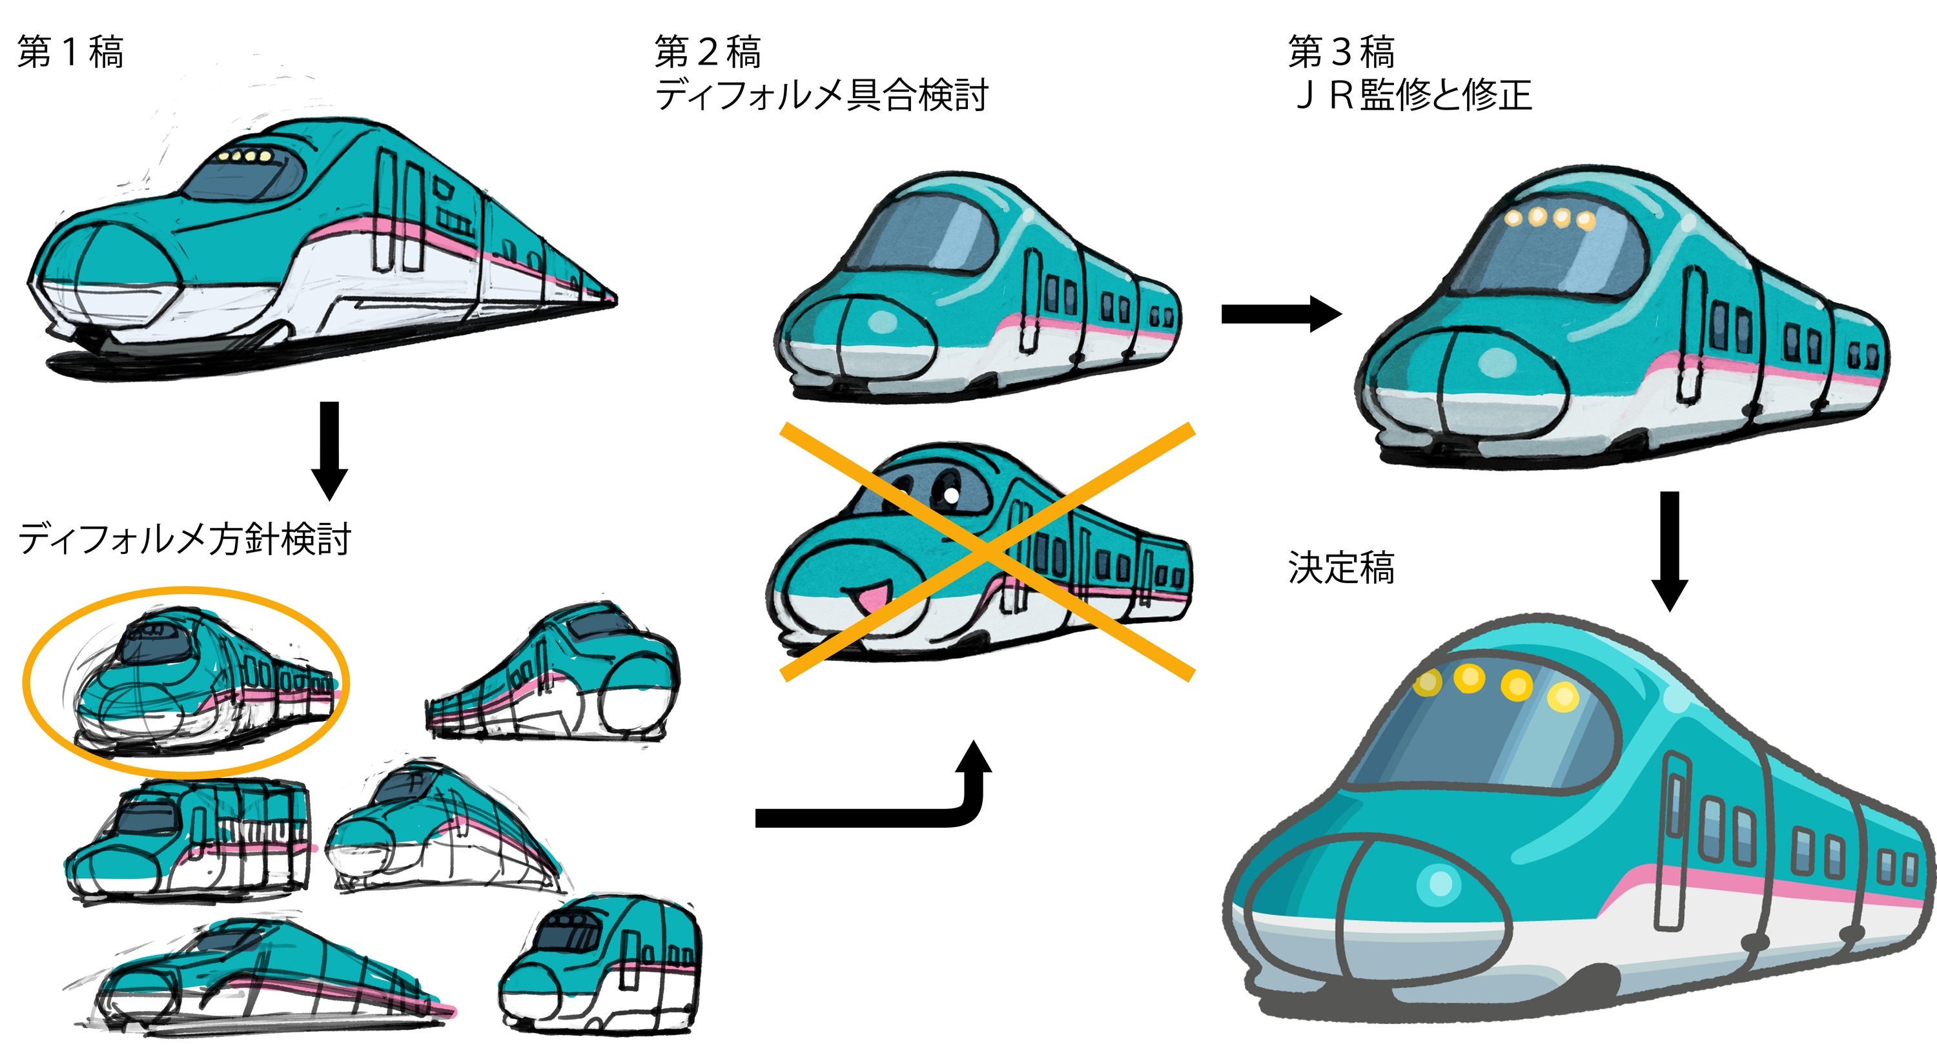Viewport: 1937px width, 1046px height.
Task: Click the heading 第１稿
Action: pyautogui.click(x=70, y=53)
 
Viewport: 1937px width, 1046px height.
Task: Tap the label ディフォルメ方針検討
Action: pyautogui.click(x=184, y=539)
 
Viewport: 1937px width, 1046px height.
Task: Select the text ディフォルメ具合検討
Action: pyautogui.click(x=821, y=96)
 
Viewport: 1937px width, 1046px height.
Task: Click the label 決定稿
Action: pyautogui.click(x=1340, y=568)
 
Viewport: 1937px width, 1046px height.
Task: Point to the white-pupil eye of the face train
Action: pyautogui.click(x=949, y=494)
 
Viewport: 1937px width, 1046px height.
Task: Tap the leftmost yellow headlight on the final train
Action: pyautogui.click(x=1427, y=682)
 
